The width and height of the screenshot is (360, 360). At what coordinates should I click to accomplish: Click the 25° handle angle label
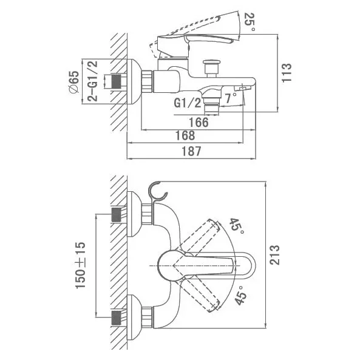[x=250, y=22]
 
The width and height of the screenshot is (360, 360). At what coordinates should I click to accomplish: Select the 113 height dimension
[x=287, y=73]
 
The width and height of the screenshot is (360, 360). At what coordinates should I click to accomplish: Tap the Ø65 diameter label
[x=74, y=82]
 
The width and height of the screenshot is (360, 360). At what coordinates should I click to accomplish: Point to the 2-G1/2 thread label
[x=92, y=81]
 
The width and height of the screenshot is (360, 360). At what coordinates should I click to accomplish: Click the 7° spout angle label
[x=230, y=98]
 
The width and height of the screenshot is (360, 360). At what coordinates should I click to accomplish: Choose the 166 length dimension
[x=199, y=123]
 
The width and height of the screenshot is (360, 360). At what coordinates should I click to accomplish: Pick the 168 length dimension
[x=185, y=135]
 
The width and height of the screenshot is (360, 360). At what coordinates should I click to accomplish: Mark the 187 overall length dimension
[x=191, y=151]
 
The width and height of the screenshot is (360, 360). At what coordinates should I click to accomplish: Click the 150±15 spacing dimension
[x=80, y=265]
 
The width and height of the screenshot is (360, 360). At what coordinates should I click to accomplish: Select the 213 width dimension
[x=274, y=255]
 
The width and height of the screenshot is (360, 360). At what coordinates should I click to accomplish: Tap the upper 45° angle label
[x=237, y=226]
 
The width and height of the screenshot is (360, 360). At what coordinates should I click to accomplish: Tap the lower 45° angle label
[x=240, y=295]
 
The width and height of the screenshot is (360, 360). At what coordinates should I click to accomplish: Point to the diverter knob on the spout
[x=212, y=69]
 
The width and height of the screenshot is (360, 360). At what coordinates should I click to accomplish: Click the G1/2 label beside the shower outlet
[x=187, y=103]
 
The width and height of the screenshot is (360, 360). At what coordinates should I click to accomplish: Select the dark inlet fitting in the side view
[x=117, y=81]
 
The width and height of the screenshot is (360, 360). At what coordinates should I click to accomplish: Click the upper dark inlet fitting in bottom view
[x=116, y=215]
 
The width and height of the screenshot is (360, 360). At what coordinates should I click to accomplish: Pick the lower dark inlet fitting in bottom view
[x=116, y=318]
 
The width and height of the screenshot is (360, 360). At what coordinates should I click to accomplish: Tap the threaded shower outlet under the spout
[x=211, y=106]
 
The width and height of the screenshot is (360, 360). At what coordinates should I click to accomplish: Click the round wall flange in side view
[x=134, y=82]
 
